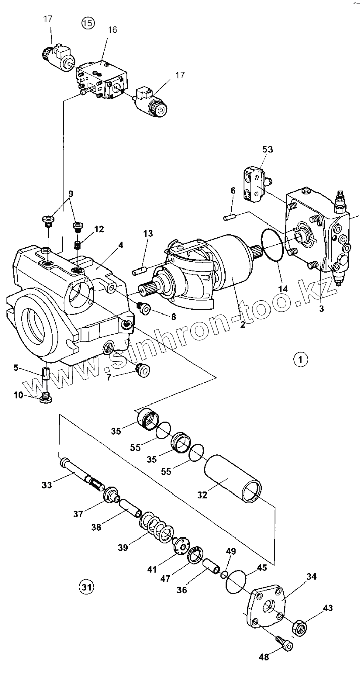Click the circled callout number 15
pos(87,23)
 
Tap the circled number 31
pos(86,587)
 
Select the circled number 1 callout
pos(300,360)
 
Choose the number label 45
pos(261,568)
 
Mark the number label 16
pos(113,30)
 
